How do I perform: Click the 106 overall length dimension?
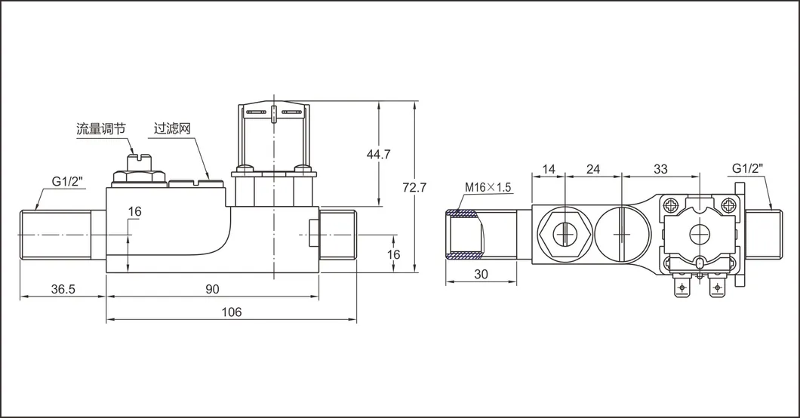pyautogui.click(x=232, y=312)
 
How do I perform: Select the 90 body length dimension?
pyautogui.click(x=212, y=288)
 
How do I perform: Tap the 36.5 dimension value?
pyautogui.click(x=63, y=288)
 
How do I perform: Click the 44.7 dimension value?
pyautogui.click(x=378, y=154)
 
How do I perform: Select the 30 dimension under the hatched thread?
pyautogui.click(x=481, y=275)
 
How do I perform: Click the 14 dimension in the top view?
pyautogui.click(x=549, y=169)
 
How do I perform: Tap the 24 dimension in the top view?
pyautogui.click(x=593, y=169)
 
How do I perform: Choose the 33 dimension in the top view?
pyautogui.click(x=660, y=169)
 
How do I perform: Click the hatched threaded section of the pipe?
pyautogui.click(x=463, y=235)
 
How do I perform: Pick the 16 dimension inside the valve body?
pyautogui.click(x=134, y=212)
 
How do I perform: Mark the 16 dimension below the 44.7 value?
pyautogui.click(x=393, y=255)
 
